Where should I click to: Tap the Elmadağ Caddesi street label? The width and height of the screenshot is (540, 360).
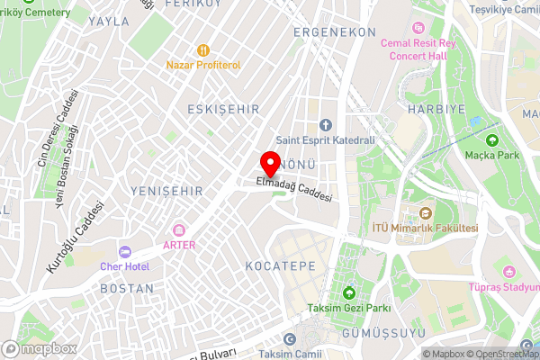coord(294,189)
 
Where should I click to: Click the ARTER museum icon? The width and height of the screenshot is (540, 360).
coord(179,230)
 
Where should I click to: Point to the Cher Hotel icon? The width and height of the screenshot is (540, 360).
coord(124,251)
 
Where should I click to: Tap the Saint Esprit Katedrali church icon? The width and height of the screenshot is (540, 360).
coord(326,124)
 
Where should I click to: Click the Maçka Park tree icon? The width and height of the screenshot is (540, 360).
coord(491,139)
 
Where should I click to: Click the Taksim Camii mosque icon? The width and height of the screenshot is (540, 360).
coord(290,339)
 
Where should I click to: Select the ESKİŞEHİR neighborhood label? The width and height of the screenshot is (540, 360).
coord(223,109)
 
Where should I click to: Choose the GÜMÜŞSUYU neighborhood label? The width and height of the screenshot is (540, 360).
coord(376,334)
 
